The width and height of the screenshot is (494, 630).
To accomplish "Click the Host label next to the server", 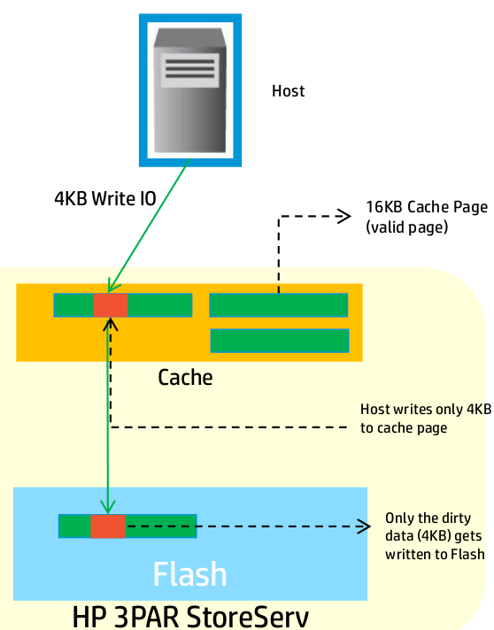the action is (288, 91).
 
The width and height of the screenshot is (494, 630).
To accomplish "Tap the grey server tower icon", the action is (189, 90).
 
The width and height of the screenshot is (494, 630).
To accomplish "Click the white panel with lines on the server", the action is (189, 70).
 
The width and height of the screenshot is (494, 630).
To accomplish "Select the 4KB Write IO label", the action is (105, 198).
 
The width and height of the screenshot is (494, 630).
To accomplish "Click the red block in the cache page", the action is (111, 305).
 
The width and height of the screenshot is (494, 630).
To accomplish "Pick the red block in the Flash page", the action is (108, 526).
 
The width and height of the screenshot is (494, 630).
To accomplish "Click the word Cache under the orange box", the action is (185, 378).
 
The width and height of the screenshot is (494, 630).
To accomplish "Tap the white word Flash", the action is (190, 573).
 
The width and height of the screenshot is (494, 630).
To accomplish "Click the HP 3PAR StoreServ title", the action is (191, 617).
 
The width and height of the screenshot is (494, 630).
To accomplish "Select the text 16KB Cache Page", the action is (427, 207).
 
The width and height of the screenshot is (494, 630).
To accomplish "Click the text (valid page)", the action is (406, 227).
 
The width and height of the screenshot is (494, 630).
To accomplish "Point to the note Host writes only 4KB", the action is (426, 409).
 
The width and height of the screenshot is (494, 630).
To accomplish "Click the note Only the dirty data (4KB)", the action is (433, 526).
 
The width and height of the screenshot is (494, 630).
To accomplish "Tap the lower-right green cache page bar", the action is (280, 341).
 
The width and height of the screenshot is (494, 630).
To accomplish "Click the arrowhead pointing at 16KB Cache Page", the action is (343, 216).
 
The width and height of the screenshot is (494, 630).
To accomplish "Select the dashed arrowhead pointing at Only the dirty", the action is (363, 526).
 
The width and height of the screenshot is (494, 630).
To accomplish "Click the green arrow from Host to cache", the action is (149, 225).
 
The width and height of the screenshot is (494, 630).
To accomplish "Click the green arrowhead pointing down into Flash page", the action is (108, 507).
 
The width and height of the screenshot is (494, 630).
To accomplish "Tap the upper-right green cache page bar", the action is (279, 305).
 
